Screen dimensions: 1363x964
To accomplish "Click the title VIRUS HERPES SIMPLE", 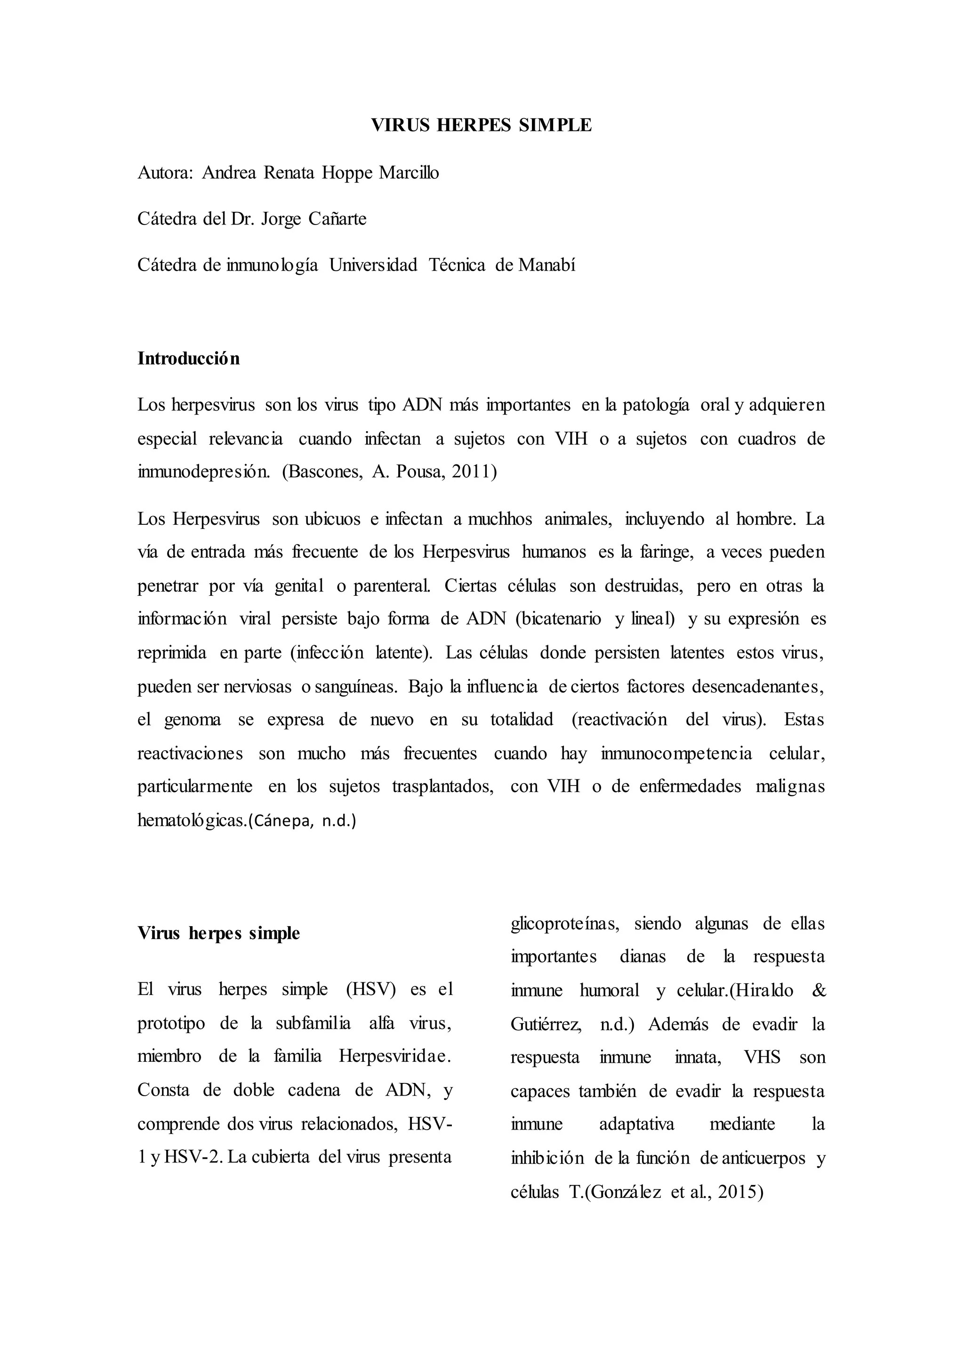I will click(482, 125).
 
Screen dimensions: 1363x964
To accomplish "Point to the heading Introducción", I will click(189, 359).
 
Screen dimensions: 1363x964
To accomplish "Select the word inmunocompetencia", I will click(677, 754).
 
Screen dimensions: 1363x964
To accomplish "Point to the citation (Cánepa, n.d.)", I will click(302, 821).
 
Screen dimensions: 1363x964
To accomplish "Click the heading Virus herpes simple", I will click(218, 933).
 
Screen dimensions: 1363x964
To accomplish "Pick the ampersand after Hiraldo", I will click(818, 990).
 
